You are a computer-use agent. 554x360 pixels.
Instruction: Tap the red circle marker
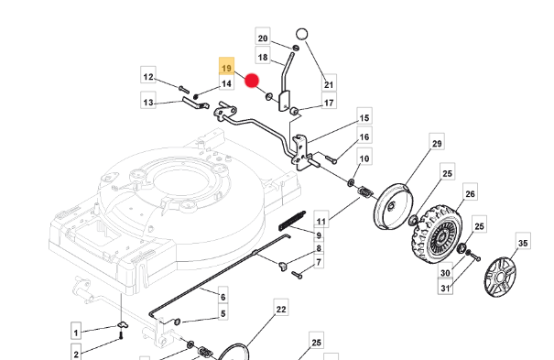tap(252, 81)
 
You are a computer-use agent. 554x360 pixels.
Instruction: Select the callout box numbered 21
tap(329, 83)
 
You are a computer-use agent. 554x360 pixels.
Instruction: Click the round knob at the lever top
tap(302, 34)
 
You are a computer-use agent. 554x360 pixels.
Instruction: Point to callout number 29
tap(437, 142)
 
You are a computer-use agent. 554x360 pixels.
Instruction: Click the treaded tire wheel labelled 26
tap(437, 234)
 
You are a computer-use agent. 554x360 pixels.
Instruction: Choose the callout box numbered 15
tap(364, 116)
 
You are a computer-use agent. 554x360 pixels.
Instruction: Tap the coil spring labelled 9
tap(292, 221)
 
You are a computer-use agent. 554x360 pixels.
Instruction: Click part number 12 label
tap(148, 75)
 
